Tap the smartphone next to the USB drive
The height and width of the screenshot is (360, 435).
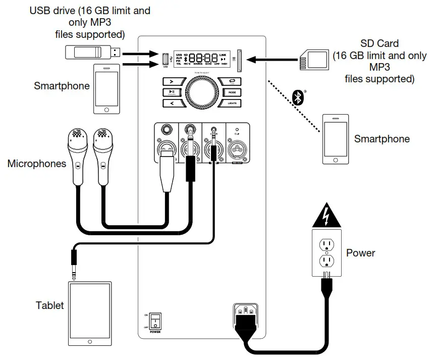point(106,89)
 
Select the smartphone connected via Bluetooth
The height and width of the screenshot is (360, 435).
point(336,138)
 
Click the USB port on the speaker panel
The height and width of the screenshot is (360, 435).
point(165,59)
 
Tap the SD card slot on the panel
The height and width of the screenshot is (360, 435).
point(239,60)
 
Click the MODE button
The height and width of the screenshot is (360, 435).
point(232,92)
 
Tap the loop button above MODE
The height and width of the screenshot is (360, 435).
point(232,82)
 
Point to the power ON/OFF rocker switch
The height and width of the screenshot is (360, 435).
point(155,321)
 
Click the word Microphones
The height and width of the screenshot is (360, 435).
point(36,164)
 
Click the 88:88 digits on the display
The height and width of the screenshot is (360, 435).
point(203,58)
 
